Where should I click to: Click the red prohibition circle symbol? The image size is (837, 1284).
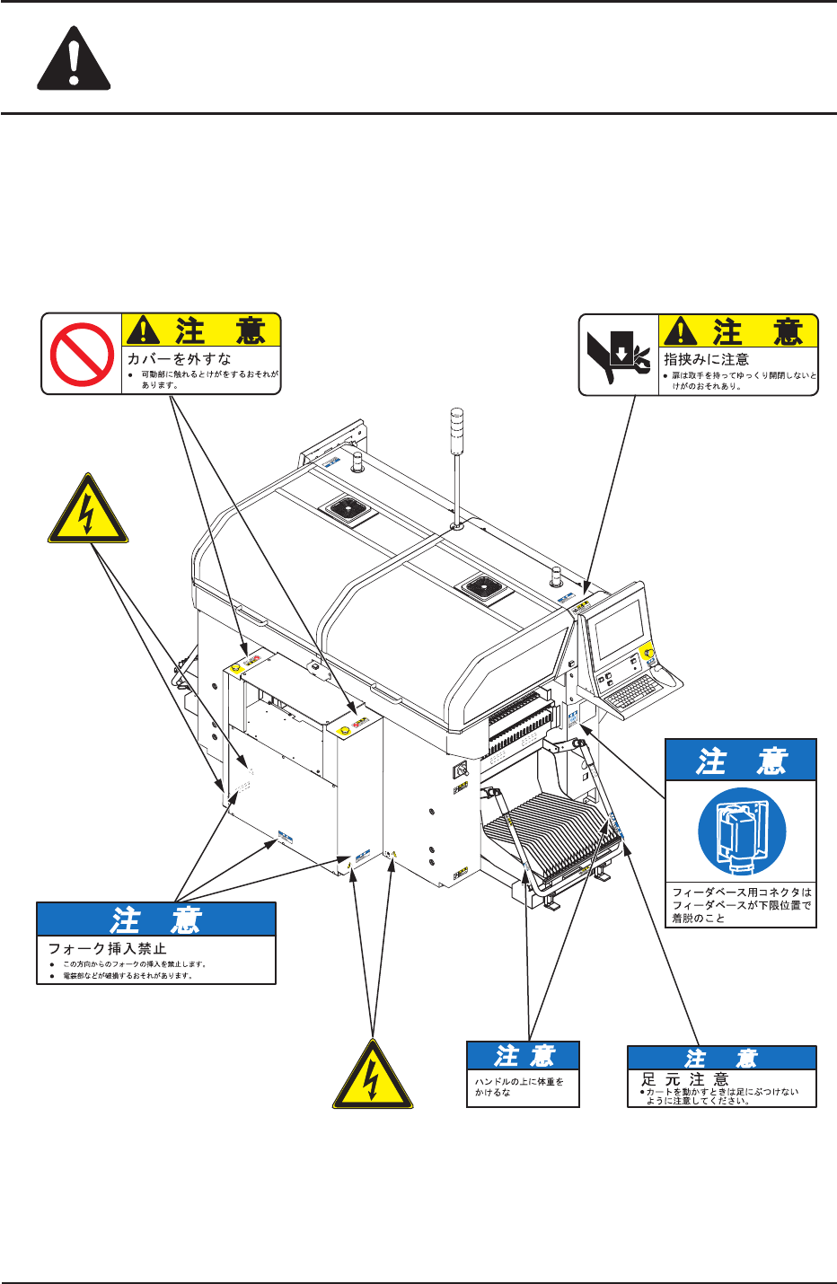(82, 354)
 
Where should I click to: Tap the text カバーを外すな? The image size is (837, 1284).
(179, 358)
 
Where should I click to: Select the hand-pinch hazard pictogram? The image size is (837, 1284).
(619, 356)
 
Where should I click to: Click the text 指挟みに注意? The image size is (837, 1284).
(706, 359)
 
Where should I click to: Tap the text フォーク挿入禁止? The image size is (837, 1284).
(107, 948)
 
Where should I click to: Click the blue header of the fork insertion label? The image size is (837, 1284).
(156, 919)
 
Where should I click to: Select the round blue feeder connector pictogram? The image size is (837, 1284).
(742, 831)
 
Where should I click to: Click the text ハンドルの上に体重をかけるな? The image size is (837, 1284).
(519, 1086)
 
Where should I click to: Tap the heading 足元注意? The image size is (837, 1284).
(684, 1078)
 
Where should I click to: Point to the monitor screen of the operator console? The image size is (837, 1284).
(621, 628)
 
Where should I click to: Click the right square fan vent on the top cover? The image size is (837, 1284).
(486, 588)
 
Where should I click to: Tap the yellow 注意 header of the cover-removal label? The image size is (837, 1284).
(201, 330)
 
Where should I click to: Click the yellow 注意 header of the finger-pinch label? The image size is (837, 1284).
(738, 331)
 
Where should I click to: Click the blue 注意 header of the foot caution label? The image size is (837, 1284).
(721, 1058)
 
